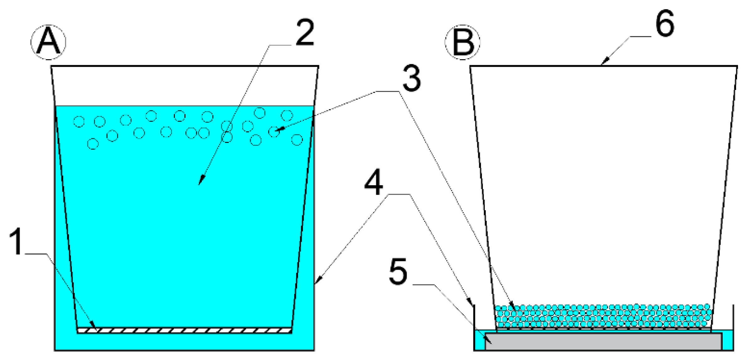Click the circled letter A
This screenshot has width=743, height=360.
pos(48,42)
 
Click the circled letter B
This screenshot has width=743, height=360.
pos(463,42)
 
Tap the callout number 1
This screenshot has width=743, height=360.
pos(16,241)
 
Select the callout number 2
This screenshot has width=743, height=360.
pos(304,32)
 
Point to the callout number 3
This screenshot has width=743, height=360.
pos(411,78)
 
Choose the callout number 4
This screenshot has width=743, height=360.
pos(373,182)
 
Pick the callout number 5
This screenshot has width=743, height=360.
pos(398,272)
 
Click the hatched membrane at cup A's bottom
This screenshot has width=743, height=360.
pos(184,331)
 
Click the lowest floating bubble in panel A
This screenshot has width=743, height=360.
pos(93,144)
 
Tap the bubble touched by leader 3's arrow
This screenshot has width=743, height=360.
pos(274,132)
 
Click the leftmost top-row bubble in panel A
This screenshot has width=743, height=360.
pos(79,121)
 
